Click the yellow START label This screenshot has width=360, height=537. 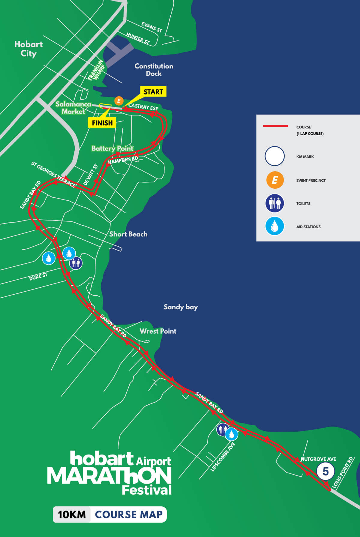tap(153, 92)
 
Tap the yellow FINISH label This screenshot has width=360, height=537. tap(102, 123)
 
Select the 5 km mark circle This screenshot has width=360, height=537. tap(325, 471)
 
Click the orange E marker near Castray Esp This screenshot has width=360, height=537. tap(119, 101)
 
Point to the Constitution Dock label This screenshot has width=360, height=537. tap(154, 70)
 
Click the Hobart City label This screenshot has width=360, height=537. tap(28, 49)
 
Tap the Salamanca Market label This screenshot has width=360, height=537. tap(73, 108)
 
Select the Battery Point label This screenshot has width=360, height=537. tap(112, 148)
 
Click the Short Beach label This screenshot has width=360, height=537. tap(128, 234)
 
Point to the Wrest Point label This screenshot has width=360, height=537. tap(158, 331)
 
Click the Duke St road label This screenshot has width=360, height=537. tap(38, 277)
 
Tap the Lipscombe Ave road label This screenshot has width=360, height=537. tap(223, 457)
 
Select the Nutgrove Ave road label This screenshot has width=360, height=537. tap(318, 459)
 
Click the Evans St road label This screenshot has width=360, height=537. tap(151, 27)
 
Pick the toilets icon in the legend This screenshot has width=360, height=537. tap(274, 203)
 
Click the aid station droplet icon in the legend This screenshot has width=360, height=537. tap(274, 226)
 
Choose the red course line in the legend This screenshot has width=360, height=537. tap(275, 126)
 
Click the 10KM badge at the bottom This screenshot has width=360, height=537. tap(72, 514)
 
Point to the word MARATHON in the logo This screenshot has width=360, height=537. tap(109, 476)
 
